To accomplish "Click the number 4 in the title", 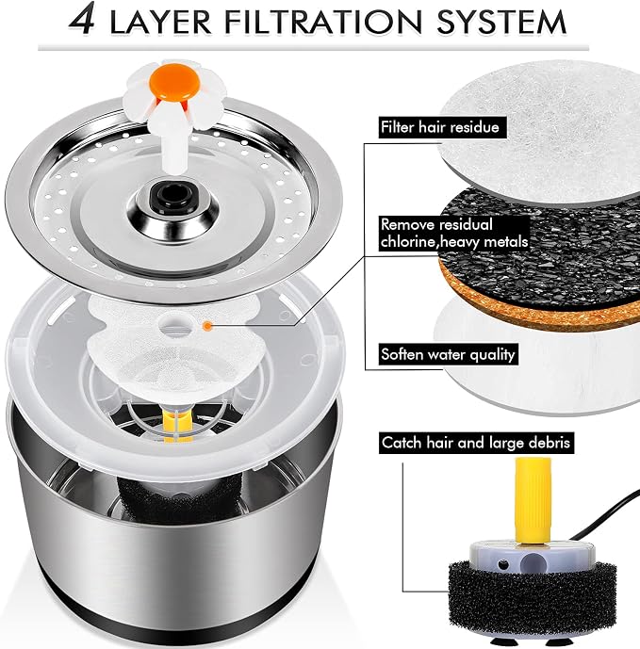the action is point(82,19).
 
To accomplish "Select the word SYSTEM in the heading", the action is point(501,22).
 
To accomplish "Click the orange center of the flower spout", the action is point(175,83).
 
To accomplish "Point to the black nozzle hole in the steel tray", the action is point(173,193).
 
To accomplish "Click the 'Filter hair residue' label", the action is point(440,127).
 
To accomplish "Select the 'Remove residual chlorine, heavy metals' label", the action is point(454,233).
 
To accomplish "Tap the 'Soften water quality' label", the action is point(448,354).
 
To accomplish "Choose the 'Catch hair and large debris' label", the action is point(476,443).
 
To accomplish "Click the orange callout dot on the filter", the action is point(207,326).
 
